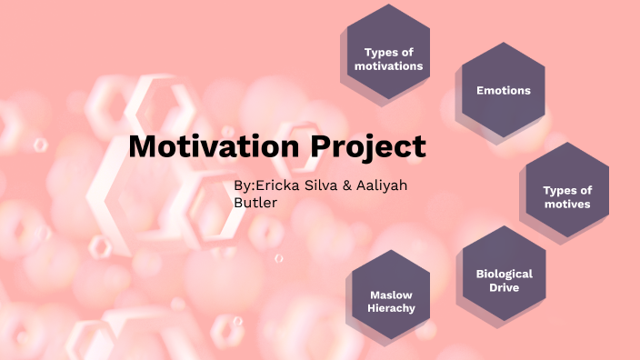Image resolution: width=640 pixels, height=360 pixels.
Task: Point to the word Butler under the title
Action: (x=255, y=203)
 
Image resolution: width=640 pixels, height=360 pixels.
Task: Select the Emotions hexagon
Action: (x=504, y=89)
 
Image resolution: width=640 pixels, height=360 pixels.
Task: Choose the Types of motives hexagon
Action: (x=567, y=195)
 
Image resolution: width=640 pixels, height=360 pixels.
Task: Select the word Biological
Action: (x=505, y=273)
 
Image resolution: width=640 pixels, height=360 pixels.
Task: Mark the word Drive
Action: (x=505, y=287)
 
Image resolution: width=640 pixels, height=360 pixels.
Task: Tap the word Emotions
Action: (x=504, y=90)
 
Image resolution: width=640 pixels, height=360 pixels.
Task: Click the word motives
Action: (x=567, y=204)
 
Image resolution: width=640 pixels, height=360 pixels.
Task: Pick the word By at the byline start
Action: (x=242, y=185)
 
